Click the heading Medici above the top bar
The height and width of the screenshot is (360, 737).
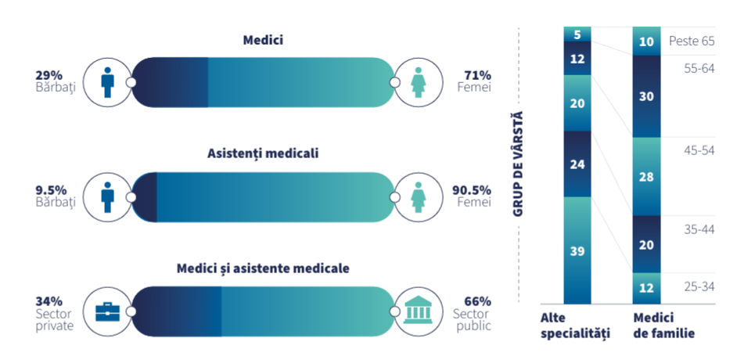[x=262, y=40]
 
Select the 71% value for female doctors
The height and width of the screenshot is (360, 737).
[x=477, y=75]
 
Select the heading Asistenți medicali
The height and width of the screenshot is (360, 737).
[x=262, y=154]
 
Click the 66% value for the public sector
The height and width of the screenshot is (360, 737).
[x=477, y=301]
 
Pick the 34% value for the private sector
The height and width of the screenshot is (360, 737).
[x=49, y=301]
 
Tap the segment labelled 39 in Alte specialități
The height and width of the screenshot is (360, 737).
[x=577, y=250]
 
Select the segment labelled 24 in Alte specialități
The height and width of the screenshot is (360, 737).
[x=577, y=164]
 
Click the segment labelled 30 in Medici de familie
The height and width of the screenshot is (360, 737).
[x=646, y=96]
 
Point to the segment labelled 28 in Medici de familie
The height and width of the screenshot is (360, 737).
[x=646, y=176]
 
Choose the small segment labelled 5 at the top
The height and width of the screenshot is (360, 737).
[x=577, y=34]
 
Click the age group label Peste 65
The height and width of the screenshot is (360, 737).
[x=692, y=41]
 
